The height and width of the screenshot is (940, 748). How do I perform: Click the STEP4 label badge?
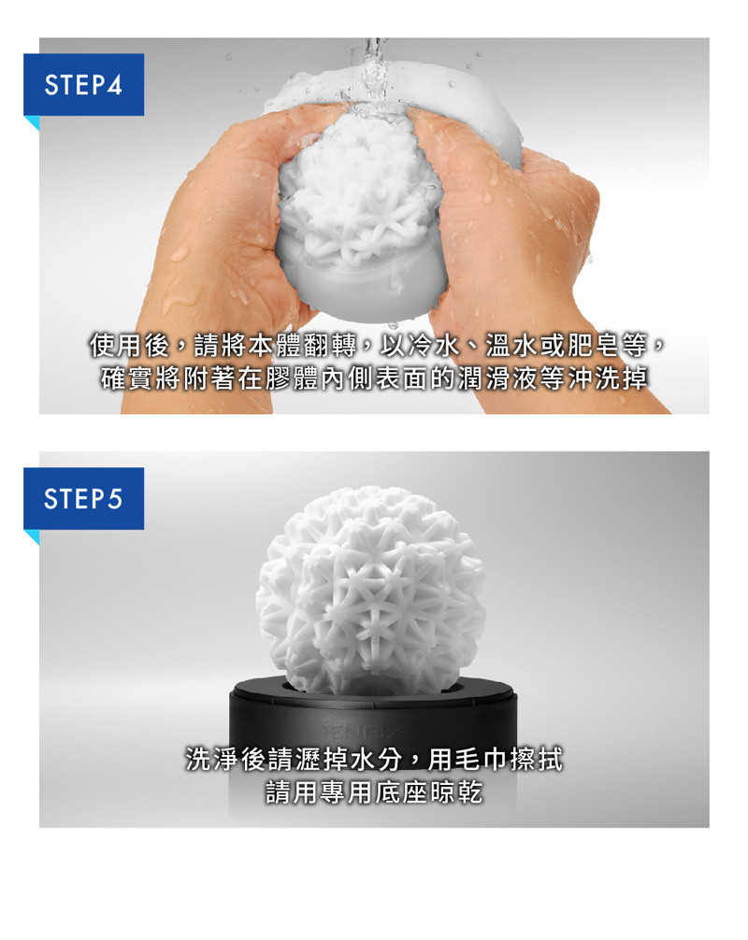(x=83, y=84)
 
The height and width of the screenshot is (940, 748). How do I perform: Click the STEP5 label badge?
(x=83, y=498)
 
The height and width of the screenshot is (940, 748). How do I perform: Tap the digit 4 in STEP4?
(x=114, y=85)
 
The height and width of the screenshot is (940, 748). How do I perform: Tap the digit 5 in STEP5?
(x=114, y=499)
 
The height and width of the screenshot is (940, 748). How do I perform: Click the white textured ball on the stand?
(x=370, y=591)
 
